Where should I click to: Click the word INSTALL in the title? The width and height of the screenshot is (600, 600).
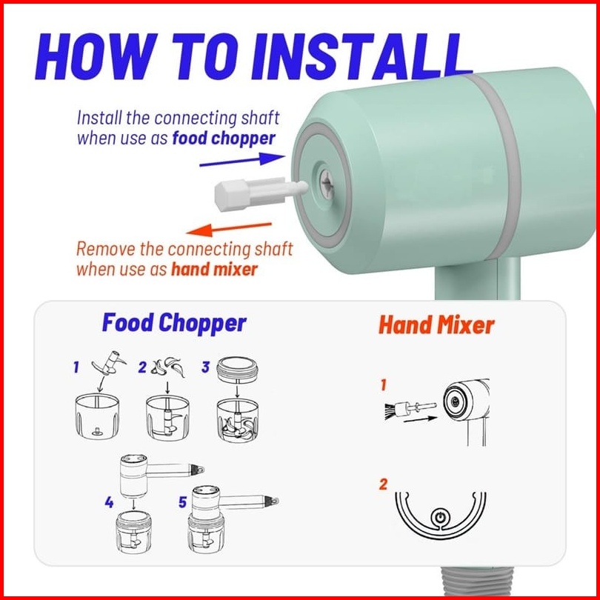coord(361,56)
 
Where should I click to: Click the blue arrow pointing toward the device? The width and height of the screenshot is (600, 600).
coord(242,159)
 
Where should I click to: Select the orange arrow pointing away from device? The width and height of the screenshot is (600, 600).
coord(229,229)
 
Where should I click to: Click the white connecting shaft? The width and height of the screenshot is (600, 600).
coord(261,193)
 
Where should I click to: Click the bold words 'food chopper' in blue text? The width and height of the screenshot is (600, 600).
coord(224,139)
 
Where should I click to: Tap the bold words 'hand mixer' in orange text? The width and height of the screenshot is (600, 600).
coord(214,270)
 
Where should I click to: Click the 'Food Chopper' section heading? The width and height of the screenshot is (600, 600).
coord(174,324)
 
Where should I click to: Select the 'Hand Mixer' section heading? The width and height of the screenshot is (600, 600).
coord(436,325)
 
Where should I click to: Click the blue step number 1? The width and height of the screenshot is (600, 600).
coord(76,367)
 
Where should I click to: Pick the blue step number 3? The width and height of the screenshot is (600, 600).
coord(205,367)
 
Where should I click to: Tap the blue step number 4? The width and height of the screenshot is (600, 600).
coord(109,502)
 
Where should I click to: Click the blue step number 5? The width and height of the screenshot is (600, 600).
coord(182,502)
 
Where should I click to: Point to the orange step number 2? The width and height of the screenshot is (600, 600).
coord(383,484)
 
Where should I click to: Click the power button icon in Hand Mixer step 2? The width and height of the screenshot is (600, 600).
coord(441,518)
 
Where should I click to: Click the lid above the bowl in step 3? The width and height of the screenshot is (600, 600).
coord(237,370)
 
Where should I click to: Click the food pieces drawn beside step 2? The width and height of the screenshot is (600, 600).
coord(167,367)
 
